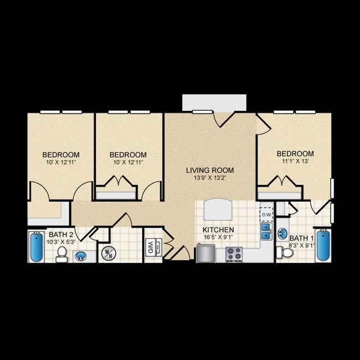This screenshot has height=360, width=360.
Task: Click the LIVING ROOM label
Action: pyautogui.click(x=210, y=170)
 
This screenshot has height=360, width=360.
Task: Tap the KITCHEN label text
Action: pyautogui.click(x=219, y=230)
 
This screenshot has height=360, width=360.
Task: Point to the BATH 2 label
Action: pyautogui.click(x=61, y=234)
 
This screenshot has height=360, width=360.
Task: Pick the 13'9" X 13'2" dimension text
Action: pyautogui.click(x=210, y=178)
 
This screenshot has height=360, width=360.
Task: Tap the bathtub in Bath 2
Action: pyautogui.click(x=37, y=247)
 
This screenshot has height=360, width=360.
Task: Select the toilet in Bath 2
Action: pyautogui.click(x=62, y=255)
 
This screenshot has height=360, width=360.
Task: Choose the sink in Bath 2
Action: pyautogui.click(x=80, y=256)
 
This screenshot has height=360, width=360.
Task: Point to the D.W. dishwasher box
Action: pyautogui.click(x=266, y=214)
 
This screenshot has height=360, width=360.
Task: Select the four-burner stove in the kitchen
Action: pyautogui.click(x=234, y=254)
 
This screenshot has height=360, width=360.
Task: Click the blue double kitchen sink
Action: pyautogui.click(x=266, y=231)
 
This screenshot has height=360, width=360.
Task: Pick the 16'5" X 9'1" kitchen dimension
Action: pyautogui.click(x=219, y=238)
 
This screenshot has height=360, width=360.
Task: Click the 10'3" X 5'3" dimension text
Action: pyautogui.click(x=61, y=241)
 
